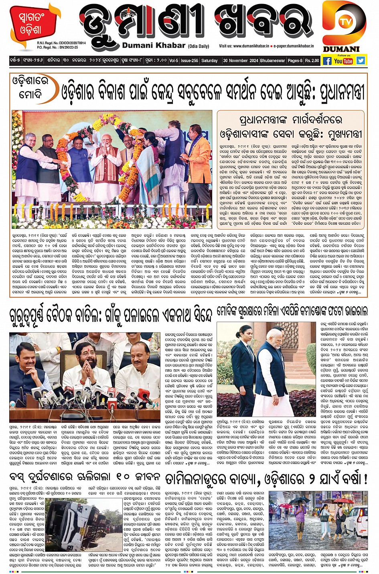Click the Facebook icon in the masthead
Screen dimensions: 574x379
[327, 61]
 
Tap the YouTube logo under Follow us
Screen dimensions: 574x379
[343, 61]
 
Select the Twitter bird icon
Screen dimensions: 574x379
[361, 61]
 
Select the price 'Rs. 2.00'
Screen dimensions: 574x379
[312, 61]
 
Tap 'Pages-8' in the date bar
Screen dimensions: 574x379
[295, 61]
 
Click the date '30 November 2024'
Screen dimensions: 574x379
[241, 61]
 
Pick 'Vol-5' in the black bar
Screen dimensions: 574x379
[173, 61]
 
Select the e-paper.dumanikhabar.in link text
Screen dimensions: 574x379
[294, 46]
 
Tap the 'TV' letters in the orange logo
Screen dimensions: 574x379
[342, 22]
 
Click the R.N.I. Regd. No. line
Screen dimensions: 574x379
[61, 43]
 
